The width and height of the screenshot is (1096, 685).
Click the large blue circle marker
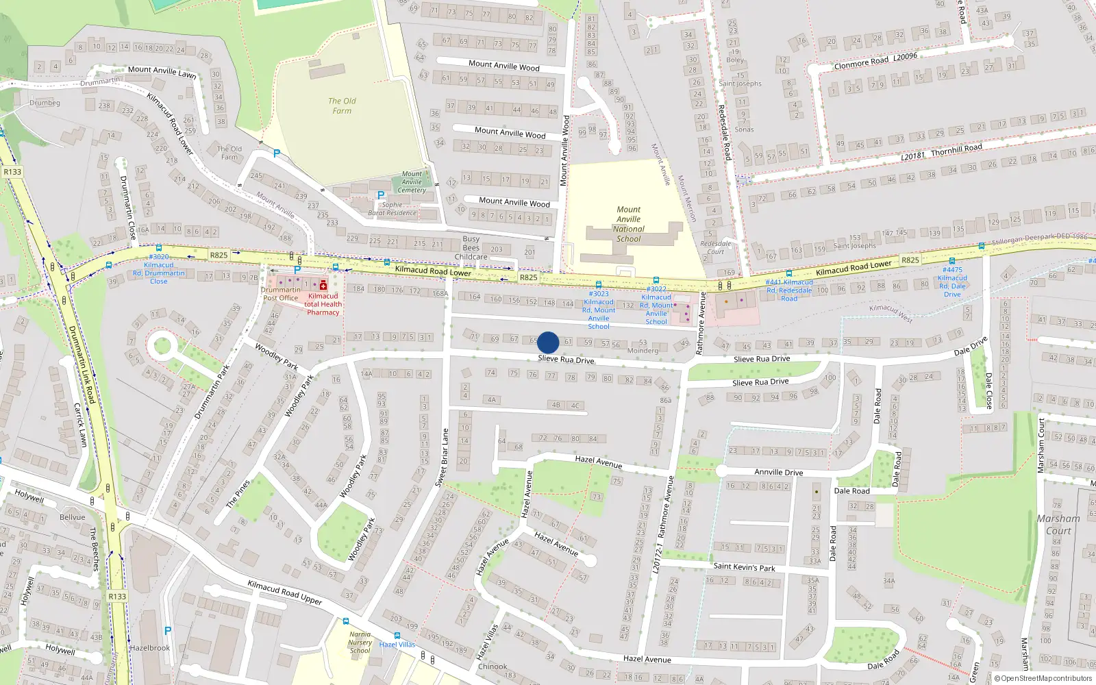click(x=548, y=342)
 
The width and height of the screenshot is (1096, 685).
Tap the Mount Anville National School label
click(x=628, y=225)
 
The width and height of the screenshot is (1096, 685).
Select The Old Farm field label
click(x=342, y=105)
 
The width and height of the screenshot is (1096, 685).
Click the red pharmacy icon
click(x=323, y=285)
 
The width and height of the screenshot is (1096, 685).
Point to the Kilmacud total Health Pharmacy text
click(x=323, y=304)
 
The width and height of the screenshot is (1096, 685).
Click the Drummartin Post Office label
click(x=280, y=294)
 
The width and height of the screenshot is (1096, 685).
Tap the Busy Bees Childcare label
click(x=471, y=248)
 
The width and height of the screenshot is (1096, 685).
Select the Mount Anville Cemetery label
click(x=412, y=182)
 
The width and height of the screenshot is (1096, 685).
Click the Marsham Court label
click(x=1058, y=525)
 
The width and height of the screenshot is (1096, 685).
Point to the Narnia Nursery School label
click(x=360, y=643)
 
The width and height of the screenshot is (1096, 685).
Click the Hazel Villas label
click(x=397, y=645)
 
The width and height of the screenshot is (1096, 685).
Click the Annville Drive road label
click(x=778, y=472)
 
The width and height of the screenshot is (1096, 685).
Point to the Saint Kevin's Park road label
click(x=744, y=566)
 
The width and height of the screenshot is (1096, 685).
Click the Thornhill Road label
click(x=956, y=149)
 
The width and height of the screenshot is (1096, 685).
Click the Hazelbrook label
click(x=149, y=648)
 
